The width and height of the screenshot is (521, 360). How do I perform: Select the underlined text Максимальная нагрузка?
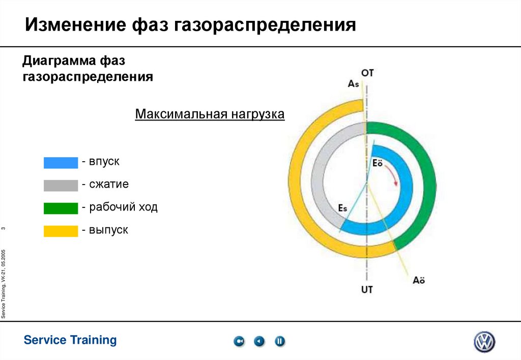pyautogui.click(x=210, y=114)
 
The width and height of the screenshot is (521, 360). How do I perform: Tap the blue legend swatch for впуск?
pyautogui.click(x=61, y=162)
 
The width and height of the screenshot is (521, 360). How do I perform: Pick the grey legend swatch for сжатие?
pyautogui.click(x=61, y=185)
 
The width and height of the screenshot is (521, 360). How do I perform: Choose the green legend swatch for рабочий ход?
pyautogui.click(x=61, y=208)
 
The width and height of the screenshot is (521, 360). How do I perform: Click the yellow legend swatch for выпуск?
pyautogui.click(x=61, y=231)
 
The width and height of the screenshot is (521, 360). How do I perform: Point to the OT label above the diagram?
pyautogui.click(x=367, y=73)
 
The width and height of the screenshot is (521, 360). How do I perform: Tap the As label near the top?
pyautogui.click(x=354, y=84)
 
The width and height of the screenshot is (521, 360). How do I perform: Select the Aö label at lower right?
pyautogui.click(x=419, y=280)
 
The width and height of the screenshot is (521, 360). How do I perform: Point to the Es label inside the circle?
pyautogui.click(x=343, y=208)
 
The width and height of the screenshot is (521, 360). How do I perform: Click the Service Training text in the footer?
pyautogui.click(x=70, y=340)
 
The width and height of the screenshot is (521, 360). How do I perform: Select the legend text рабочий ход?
pyautogui.click(x=123, y=207)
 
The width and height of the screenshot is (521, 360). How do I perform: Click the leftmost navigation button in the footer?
pyautogui.click(x=239, y=342)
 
